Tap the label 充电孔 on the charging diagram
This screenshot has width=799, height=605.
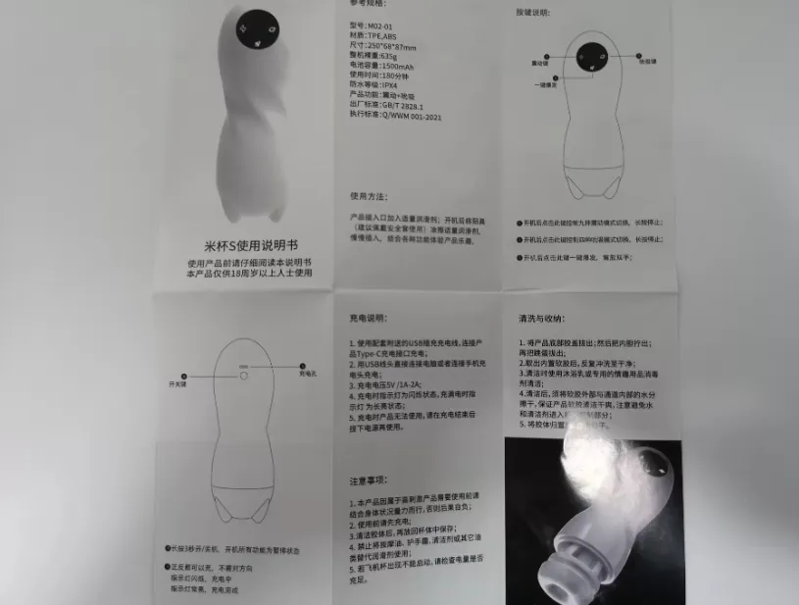pyautogui.click(x=307, y=375)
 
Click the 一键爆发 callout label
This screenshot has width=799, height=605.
pyautogui.click(x=545, y=84)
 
